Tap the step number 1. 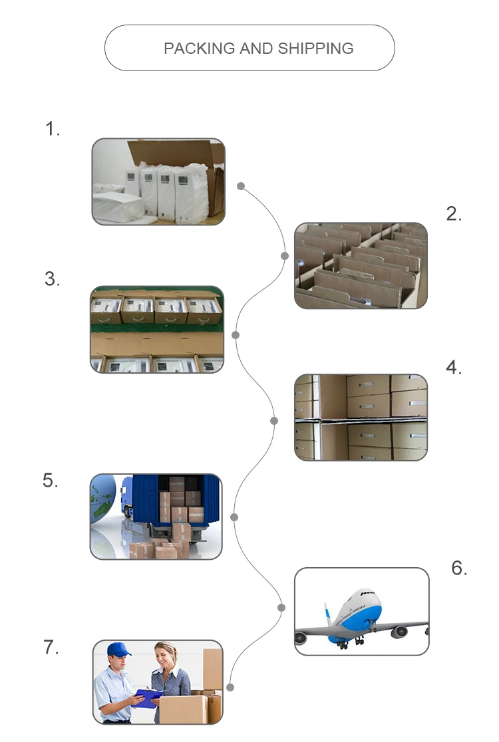(x=53, y=129)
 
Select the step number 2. (x=454, y=214)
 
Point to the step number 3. (x=53, y=279)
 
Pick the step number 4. (x=454, y=368)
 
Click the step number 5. (x=51, y=480)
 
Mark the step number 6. (x=459, y=568)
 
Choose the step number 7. (x=51, y=648)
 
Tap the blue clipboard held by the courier (x=148, y=695)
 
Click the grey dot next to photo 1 (x=241, y=186)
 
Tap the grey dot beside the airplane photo (x=281, y=608)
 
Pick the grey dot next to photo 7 (x=230, y=687)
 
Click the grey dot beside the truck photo (x=234, y=517)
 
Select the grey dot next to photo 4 (x=274, y=420)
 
